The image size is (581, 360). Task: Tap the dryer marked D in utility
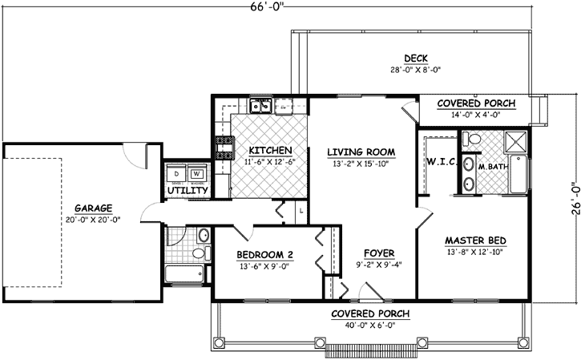(176, 173)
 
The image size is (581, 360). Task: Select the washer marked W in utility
(196, 173)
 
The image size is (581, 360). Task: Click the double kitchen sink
(261, 105)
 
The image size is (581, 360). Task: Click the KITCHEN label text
(268, 151)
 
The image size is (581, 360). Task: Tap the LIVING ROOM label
(361, 152)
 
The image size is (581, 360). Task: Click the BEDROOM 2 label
(265, 256)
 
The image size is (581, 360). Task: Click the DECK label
(415, 57)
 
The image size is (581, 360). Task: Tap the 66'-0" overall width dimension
(267, 8)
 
